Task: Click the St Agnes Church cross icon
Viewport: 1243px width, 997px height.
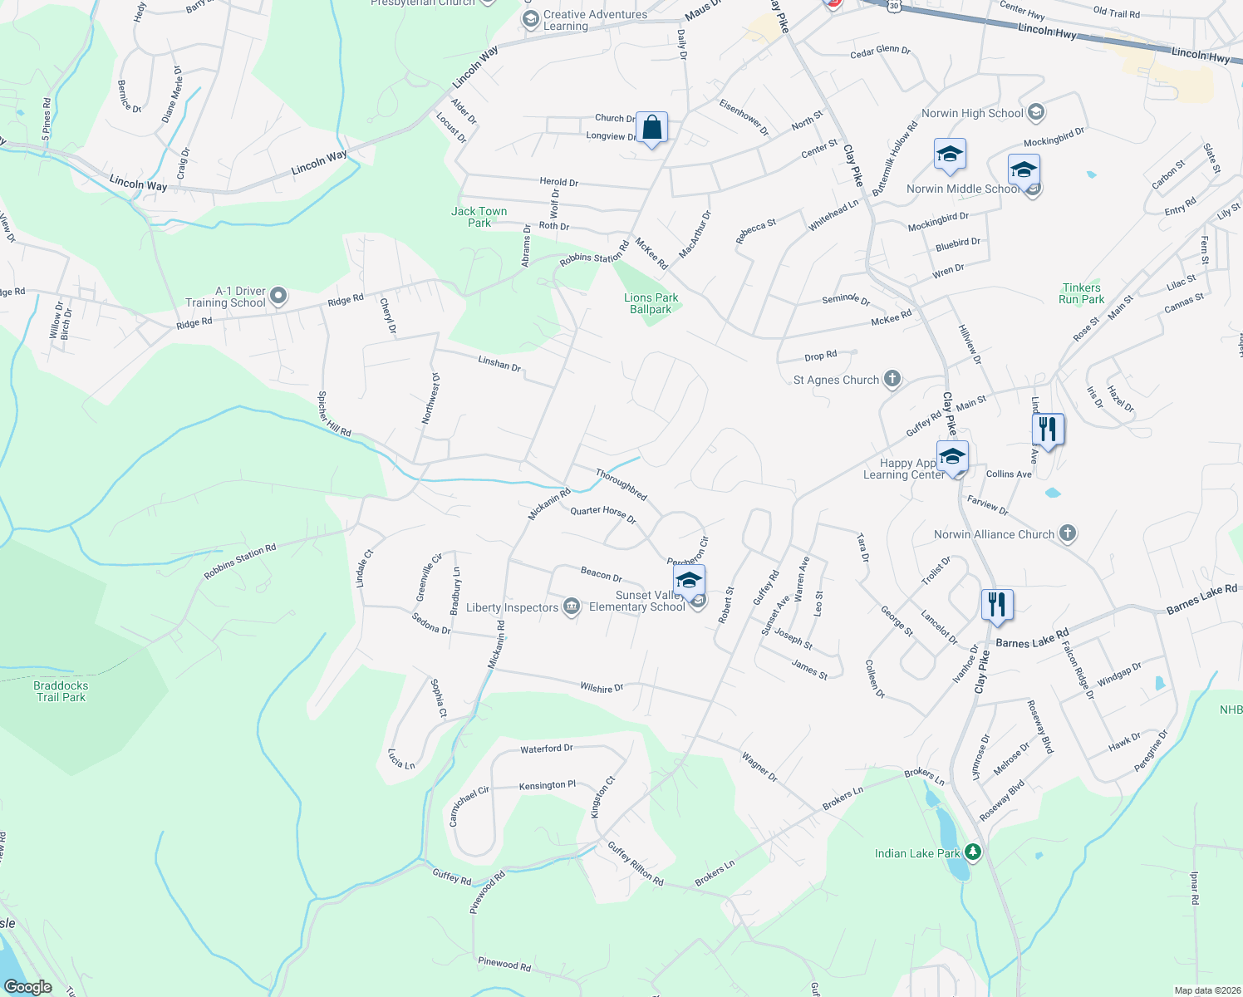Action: pyautogui.click(x=892, y=380)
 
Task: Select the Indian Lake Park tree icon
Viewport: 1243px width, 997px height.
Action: pyautogui.click(x=973, y=852)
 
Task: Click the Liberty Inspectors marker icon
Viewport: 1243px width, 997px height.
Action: pyautogui.click(x=571, y=607)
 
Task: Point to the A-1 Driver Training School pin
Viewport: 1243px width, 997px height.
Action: pyautogui.click(x=278, y=296)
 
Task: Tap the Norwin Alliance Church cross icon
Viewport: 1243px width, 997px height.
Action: pyautogui.click(x=1068, y=534)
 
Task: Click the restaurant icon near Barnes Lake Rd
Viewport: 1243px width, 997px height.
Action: pyautogui.click(x=997, y=605)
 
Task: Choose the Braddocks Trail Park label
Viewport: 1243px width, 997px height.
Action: pyautogui.click(x=61, y=691)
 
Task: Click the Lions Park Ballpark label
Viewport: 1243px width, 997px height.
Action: pyautogui.click(x=651, y=303)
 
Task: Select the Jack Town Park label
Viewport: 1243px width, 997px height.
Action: pyautogui.click(x=479, y=217)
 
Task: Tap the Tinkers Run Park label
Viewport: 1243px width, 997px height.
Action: pyautogui.click(x=1081, y=293)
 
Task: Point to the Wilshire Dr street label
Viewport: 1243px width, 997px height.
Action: pyautogui.click(x=602, y=688)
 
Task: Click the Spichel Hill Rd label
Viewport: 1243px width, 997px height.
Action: pyautogui.click(x=335, y=415)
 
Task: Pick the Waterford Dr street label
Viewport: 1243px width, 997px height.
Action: pyautogui.click(x=546, y=749)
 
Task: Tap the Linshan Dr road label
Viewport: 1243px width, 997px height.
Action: pyautogui.click(x=499, y=363)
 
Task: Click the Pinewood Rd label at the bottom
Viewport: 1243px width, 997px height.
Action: pyautogui.click(x=504, y=964)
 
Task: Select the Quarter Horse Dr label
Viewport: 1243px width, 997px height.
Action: pyautogui.click(x=602, y=514)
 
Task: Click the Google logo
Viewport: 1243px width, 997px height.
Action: pyautogui.click(x=27, y=987)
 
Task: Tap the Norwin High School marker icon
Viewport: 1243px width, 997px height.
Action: pyautogui.click(x=1035, y=112)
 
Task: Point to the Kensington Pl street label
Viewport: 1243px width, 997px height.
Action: pyautogui.click(x=547, y=785)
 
